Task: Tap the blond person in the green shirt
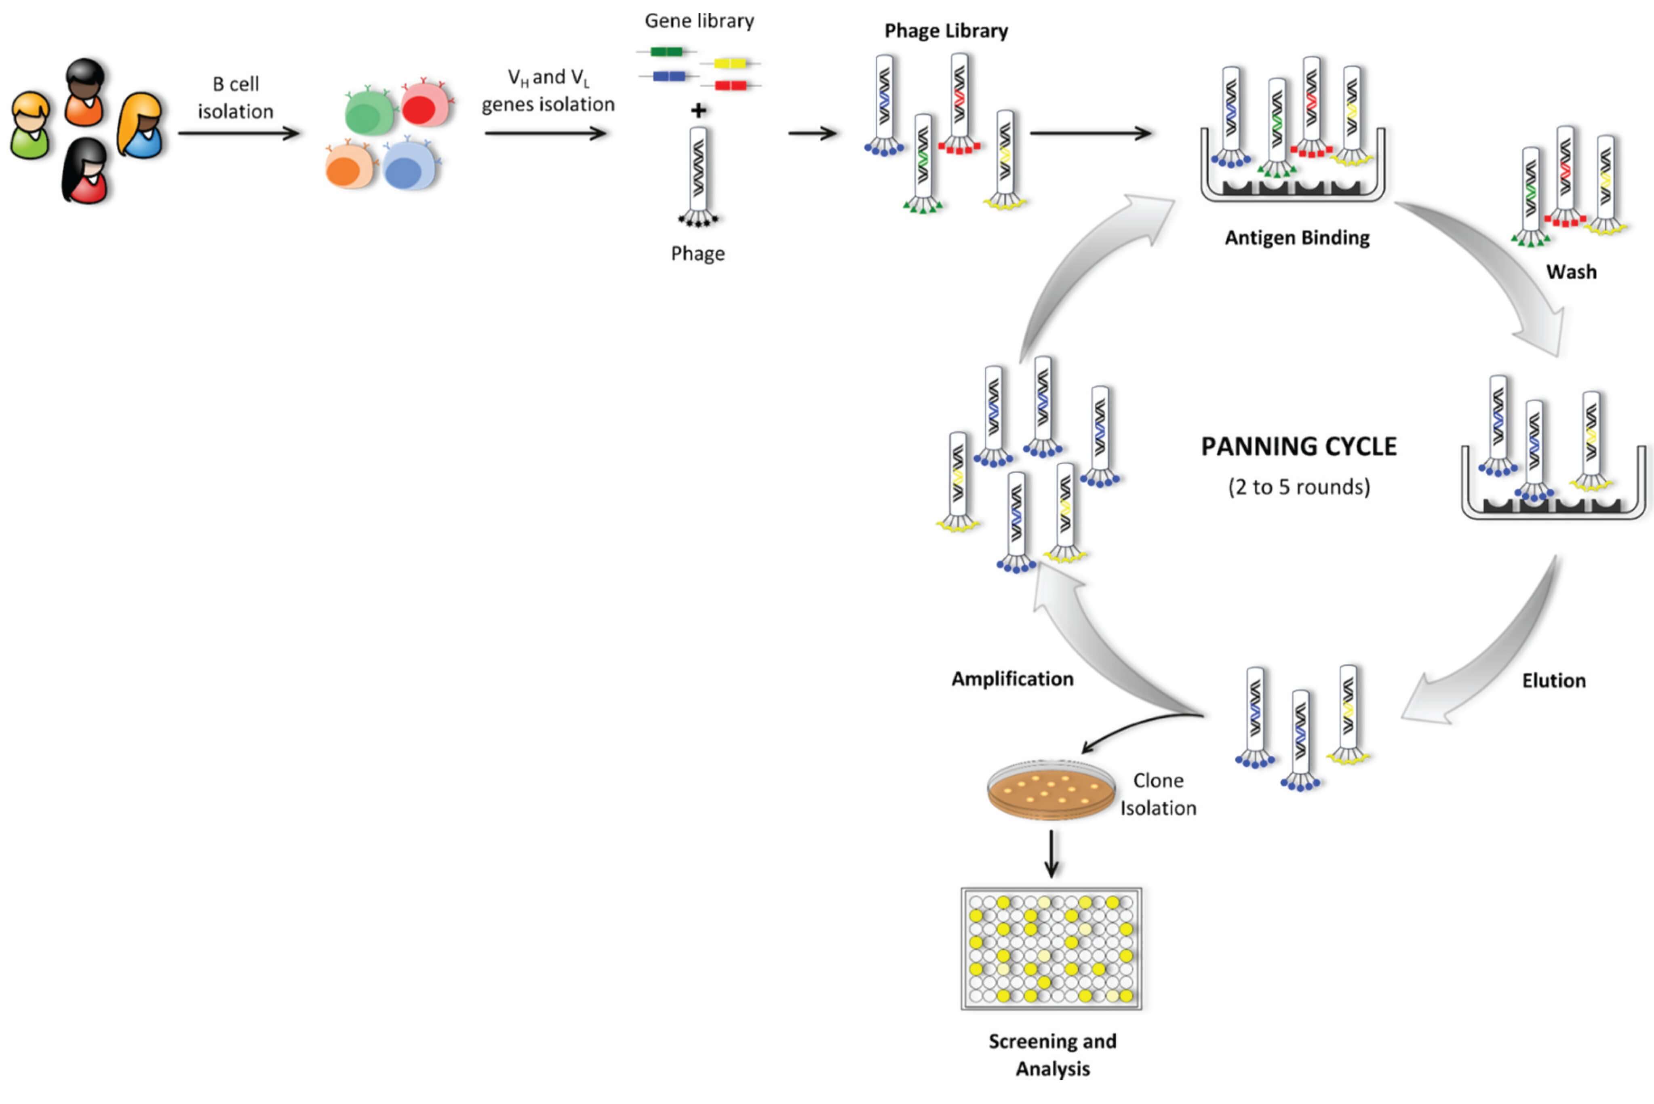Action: click(30, 125)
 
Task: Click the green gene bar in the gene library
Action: click(666, 51)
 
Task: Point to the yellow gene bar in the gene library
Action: click(730, 63)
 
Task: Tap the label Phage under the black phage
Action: click(697, 253)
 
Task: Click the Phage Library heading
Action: click(946, 31)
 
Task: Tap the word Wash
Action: click(1571, 272)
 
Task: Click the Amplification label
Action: click(1012, 679)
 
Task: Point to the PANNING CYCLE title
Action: click(1298, 447)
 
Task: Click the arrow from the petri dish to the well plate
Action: click(1051, 853)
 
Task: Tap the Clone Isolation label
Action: click(1158, 794)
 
